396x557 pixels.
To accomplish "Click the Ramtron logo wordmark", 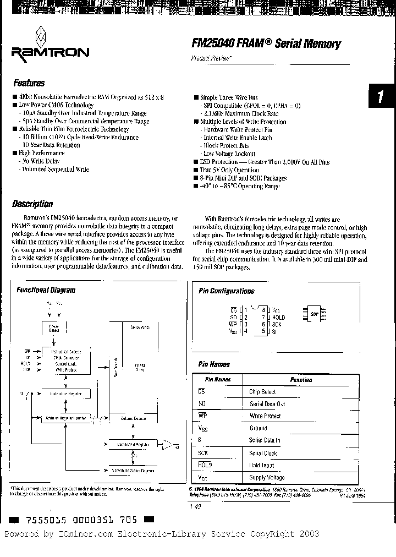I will pos(49,52).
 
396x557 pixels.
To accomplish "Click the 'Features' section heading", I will pos(29,84).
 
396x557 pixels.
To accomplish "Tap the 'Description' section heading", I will pos(32,204).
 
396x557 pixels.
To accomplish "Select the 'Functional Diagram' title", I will pos(46,290).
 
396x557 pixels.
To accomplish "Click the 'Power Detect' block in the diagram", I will pos(54,328).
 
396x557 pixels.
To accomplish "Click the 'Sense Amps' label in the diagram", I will pos(141,327).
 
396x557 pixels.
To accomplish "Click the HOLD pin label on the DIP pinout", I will pos(278,318).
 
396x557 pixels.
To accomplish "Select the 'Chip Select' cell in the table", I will pos(262,392).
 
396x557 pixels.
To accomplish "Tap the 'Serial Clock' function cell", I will pos(263,453).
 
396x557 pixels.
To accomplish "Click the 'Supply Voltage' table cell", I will pos(267,478).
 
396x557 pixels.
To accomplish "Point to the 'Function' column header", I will pos(301,380).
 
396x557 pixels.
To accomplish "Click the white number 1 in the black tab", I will pos(381,98).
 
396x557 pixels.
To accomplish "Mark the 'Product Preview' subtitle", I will pos(211,58).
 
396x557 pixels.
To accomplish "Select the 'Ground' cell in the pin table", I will pos(258,428).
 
